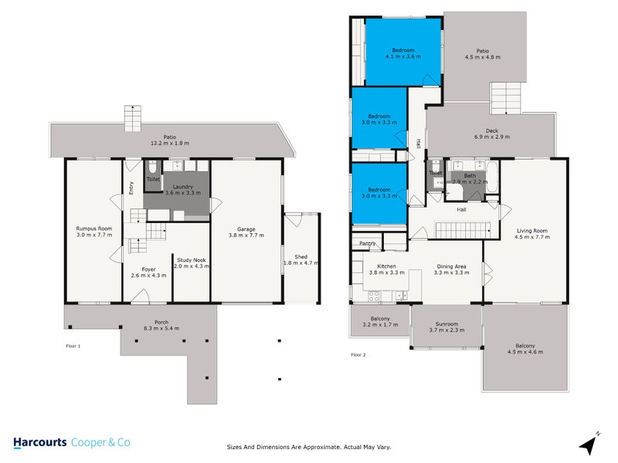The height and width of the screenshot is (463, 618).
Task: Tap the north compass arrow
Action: [x=591, y=443]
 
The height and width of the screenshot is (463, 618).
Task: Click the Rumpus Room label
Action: [x=93, y=228]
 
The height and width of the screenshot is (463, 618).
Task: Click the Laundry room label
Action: [x=183, y=186]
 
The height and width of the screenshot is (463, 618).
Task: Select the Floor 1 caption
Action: [x=73, y=346]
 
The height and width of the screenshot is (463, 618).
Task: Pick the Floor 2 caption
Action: [x=358, y=355]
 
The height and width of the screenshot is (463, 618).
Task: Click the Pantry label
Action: [x=368, y=243]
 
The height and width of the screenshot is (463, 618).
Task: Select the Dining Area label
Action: [x=451, y=265]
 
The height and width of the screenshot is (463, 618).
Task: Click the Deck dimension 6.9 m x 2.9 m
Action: [x=492, y=137]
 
